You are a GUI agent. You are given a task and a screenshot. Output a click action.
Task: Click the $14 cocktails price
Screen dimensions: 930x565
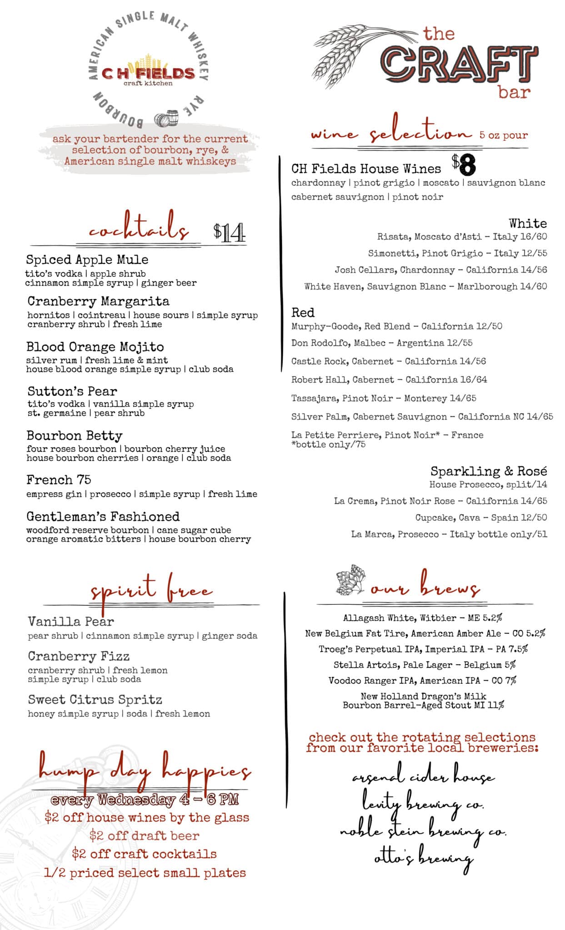(229, 232)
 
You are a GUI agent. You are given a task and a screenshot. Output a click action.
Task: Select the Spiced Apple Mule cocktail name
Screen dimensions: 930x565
(87, 260)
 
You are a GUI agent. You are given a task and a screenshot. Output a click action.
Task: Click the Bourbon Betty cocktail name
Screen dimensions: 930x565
(74, 436)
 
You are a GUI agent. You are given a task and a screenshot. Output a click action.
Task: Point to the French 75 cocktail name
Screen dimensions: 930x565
(59, 480)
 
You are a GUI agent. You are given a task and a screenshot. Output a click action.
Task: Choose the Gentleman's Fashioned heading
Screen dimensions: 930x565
(103, 517)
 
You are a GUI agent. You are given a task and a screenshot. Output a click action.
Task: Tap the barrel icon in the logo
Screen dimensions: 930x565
(166, 119)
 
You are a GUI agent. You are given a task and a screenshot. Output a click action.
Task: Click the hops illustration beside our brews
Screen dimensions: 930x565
(350, 581)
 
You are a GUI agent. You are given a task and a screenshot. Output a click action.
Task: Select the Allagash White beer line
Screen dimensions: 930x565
(422, 618)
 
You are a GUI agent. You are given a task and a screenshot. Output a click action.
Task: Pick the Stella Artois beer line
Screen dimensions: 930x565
(424, 665)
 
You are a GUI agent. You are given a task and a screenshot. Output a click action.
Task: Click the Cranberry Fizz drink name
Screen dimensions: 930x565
(79, 657)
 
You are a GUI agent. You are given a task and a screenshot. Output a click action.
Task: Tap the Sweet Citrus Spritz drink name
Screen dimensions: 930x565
(95, 700)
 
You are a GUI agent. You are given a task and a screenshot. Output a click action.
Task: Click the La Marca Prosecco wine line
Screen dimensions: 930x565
(449, 534)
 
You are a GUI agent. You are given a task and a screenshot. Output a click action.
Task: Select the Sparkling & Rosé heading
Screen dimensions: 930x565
(488, 471)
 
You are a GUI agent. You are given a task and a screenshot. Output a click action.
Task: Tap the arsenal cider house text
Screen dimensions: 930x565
(423, 778)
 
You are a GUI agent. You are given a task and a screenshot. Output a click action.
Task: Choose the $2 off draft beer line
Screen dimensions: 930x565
(144, 836)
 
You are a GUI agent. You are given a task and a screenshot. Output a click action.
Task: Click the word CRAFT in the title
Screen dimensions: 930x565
(459, 64)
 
